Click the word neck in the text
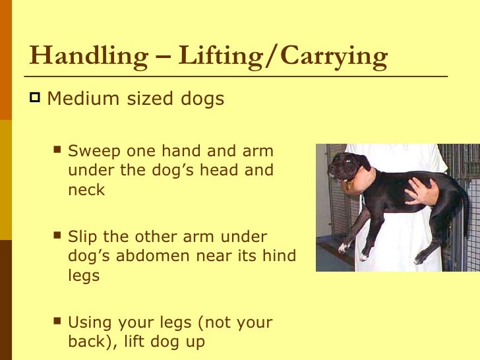pos(86,190)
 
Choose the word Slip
pos(82,237)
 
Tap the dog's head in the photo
pos(347,165)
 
